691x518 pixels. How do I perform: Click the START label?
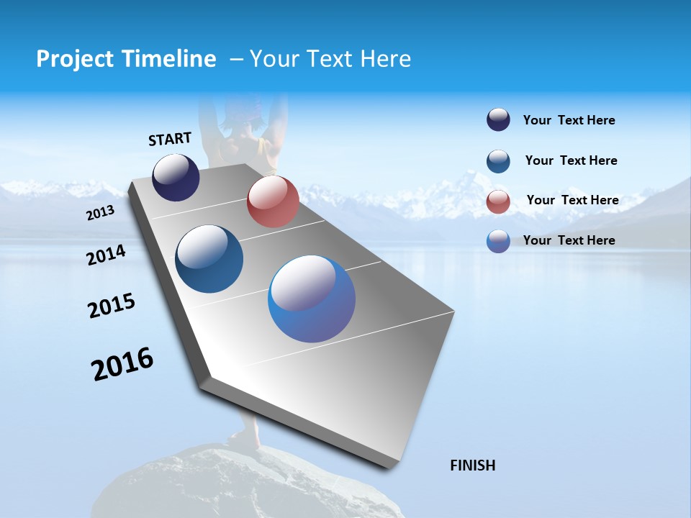170,139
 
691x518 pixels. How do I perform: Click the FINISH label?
473,465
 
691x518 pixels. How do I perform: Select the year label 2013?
100,213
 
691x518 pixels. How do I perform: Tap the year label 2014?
106,255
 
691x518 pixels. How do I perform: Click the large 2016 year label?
122,364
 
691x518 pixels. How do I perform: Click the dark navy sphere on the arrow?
176,177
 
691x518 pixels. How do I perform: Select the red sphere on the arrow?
273,201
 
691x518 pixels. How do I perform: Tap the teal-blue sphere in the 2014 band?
209,259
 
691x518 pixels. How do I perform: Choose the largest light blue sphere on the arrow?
312,299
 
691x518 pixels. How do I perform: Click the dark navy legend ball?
498,119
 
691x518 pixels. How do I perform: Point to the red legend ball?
498,201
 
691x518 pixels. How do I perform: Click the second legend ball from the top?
498,161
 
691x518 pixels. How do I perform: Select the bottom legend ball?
498,241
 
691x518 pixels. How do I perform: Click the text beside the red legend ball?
572,200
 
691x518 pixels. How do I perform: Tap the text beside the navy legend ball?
569,120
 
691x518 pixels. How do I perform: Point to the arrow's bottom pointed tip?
389,465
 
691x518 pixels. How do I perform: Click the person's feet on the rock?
245,439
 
